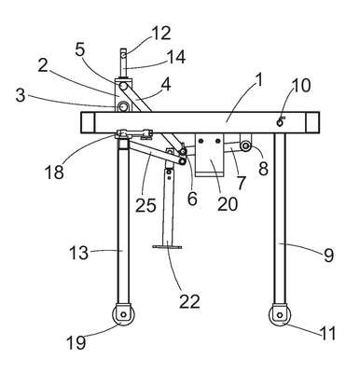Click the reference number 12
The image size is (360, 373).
click(161, 33)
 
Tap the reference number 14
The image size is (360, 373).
click(176, 57)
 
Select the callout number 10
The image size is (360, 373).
click(300, 85)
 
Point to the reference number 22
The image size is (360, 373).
click(189, 301)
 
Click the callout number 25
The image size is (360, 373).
click(145, 205)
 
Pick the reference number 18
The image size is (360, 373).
click(54, 172)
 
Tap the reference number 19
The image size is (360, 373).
click(76, 342)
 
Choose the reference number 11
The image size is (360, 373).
click(328, 333)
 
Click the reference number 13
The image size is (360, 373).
click(78, 253)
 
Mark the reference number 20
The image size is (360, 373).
click(228, 204)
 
